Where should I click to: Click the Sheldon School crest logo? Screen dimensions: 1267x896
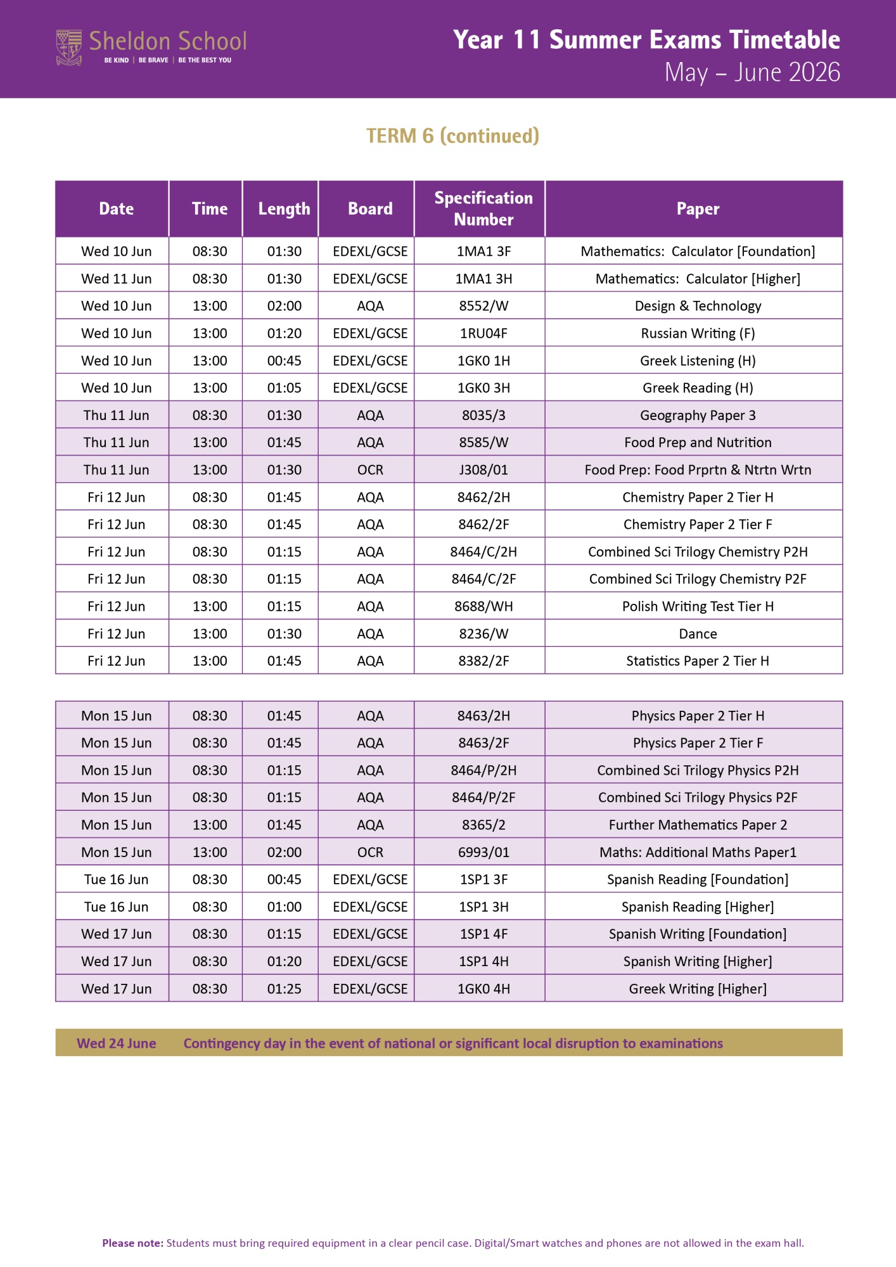pos(69,48)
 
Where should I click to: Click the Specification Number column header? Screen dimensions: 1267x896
pos(483,208)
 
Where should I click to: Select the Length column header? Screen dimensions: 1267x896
pos(284,209)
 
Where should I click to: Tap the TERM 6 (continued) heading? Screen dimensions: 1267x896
pos(452,136)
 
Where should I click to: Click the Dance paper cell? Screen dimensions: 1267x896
pos(698,633)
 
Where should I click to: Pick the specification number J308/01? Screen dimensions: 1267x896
pos(483,470)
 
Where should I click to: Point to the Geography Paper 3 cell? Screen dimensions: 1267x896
pos(698,416)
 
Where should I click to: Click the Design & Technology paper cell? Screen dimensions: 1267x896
pos(698,306)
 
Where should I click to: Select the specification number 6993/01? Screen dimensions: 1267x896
pos(483,852)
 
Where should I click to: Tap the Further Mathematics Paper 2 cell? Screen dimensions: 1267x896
pos(698,825)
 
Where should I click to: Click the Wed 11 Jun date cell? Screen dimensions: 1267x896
pos(117,279)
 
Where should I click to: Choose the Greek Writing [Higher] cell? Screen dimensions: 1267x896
pos(698,989)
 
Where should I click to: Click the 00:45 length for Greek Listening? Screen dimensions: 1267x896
pos(284,361)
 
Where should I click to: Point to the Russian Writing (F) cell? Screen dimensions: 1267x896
pos(698,333)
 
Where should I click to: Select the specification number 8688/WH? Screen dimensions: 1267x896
pos(483,606)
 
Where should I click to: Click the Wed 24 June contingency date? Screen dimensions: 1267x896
pos(117,1043)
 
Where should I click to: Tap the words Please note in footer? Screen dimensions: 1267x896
pos(132,1243)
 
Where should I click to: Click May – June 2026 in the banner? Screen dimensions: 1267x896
pos(752,73)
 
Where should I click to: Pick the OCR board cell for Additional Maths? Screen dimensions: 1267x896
pos(370,852)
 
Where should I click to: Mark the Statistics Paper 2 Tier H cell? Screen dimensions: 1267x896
pos(698,661)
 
